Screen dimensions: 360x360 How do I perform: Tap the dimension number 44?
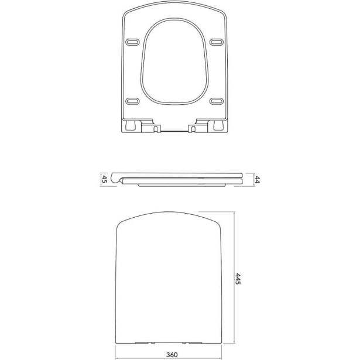[x=256, y=179]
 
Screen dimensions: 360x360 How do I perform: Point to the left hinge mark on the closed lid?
[x=146, y=343]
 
